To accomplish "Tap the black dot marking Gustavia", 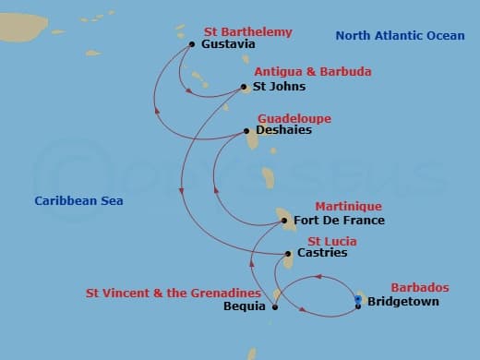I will [x=191, y=43].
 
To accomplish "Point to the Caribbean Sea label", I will [x=78, y=200].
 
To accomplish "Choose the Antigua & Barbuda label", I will [x=300, y=72].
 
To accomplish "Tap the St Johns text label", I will [x=279, y=87].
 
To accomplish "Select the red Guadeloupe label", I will [x=294, y=119].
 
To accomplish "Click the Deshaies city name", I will [x=283, y=130].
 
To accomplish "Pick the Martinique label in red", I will [x=348, y=206].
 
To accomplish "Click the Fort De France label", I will [x=339, y=221].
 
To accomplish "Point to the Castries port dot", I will [x=288, y=253].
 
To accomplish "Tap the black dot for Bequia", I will [x=274, y=307].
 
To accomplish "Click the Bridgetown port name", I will [x=402, y=302].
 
